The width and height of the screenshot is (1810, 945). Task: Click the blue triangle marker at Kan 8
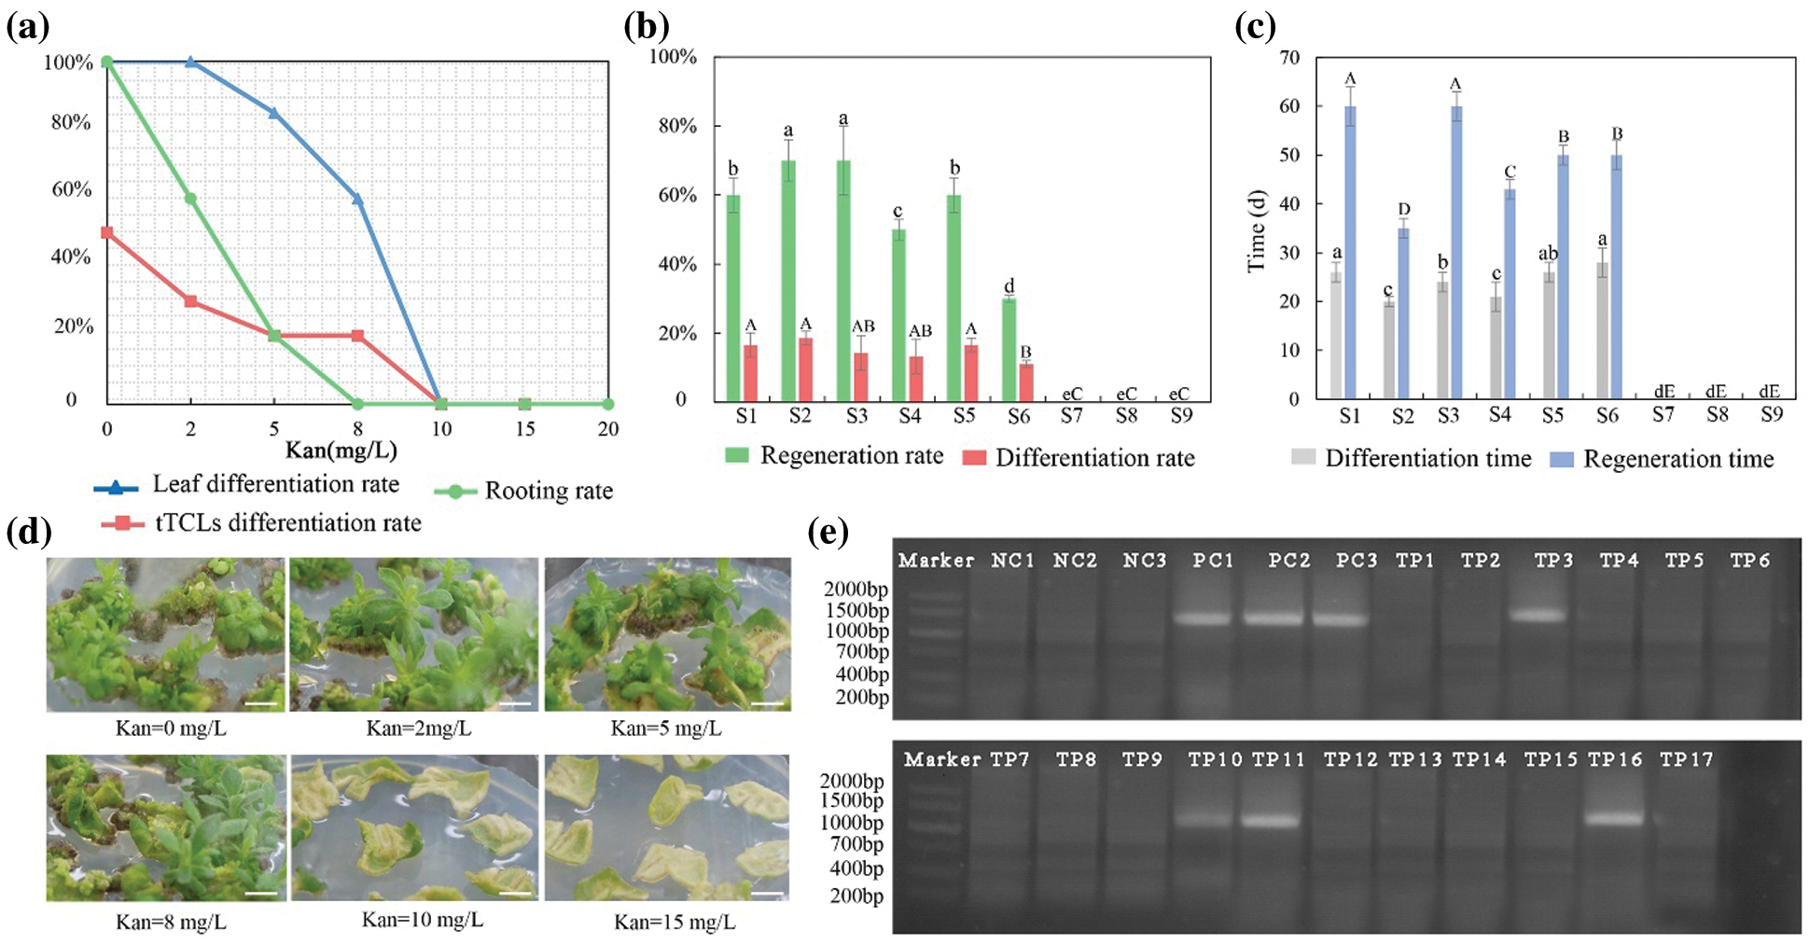tap(357, 199)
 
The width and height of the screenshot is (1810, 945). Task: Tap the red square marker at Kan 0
tap(107, 232)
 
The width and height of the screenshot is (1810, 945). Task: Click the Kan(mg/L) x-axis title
tap(341, 451)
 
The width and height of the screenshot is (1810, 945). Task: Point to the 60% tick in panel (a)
tap(71, 189)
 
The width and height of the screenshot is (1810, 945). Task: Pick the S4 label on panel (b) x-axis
tap(910, 416)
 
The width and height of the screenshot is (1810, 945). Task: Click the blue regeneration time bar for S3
tap(1456, 252)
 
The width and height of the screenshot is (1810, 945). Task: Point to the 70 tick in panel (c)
tap(1289, 58)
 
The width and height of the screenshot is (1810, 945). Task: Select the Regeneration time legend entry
tap(1662, 458)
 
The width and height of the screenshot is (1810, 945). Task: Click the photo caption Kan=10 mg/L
tap(423, 921)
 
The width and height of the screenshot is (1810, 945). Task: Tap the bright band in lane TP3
tap(1538, 616)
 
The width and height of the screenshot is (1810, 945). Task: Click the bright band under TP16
tap(1614, 819)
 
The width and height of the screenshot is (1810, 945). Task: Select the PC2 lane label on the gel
tap(1288, 561)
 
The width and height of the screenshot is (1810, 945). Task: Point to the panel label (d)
tap(28, 532)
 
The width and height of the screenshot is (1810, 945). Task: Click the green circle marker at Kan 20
tap(607, 404)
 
